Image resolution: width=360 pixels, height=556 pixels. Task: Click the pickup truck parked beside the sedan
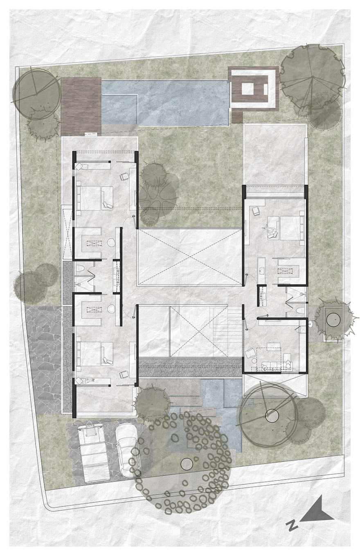pyautogui.click(x=93, y=452)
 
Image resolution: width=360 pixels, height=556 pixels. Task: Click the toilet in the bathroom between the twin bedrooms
pyautogui.click(x=80, y=270)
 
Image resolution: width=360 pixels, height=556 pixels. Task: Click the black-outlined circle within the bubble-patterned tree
pyautogui.click(x=187, y=464)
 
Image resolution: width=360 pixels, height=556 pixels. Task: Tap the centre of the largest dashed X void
pyautogui.click(x=189, y=257)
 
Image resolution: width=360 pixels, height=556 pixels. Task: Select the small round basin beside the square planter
pyautogui.click(x=311, y=325)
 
